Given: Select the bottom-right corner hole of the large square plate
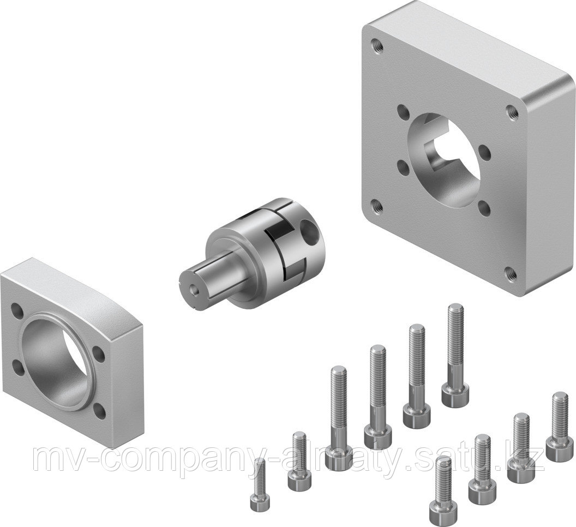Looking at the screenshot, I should pos(509,271).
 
